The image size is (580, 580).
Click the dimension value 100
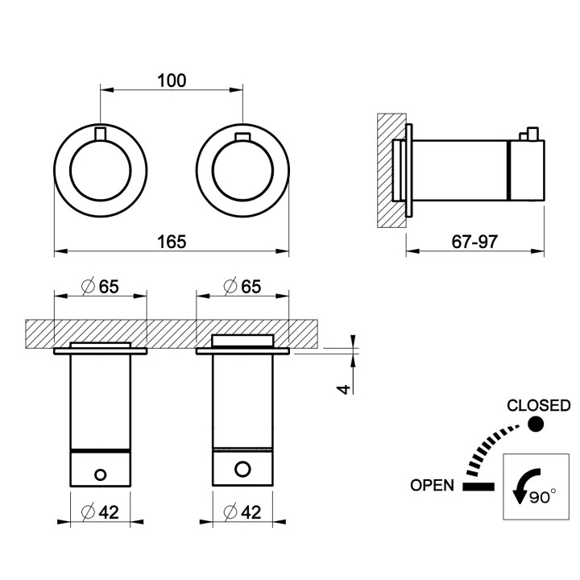pos(172,81)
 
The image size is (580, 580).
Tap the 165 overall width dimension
pos(172,242)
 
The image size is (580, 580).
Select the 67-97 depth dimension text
pos(474,242)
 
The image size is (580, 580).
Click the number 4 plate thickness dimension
pos(344,389)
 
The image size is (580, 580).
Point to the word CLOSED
pos(539,406)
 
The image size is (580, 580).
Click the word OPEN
pos(432,485)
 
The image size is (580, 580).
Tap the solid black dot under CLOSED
pos(535,424)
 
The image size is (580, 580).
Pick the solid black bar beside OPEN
pos(478,487)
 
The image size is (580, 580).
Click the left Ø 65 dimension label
pos(100,287)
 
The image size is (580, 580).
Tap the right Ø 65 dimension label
pos(242,287)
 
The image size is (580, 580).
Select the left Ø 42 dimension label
pos(100,512)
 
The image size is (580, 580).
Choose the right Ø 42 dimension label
pos(242,512)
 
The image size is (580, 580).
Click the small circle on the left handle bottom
pos(100,474)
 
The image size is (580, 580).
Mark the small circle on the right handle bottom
pos(242,469)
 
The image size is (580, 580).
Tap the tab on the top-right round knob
pos(242,137)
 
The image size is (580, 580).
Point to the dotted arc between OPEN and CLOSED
pos(489,446)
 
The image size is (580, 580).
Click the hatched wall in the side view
pos(391,170)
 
